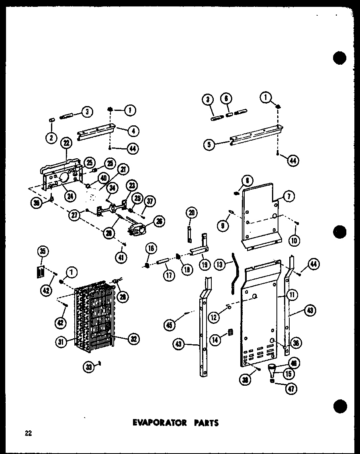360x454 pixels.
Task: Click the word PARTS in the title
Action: click(205, 423)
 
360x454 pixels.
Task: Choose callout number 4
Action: click(133, 130)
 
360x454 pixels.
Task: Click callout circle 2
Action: click(51, 138)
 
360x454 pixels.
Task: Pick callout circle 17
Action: click(168, 276)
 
